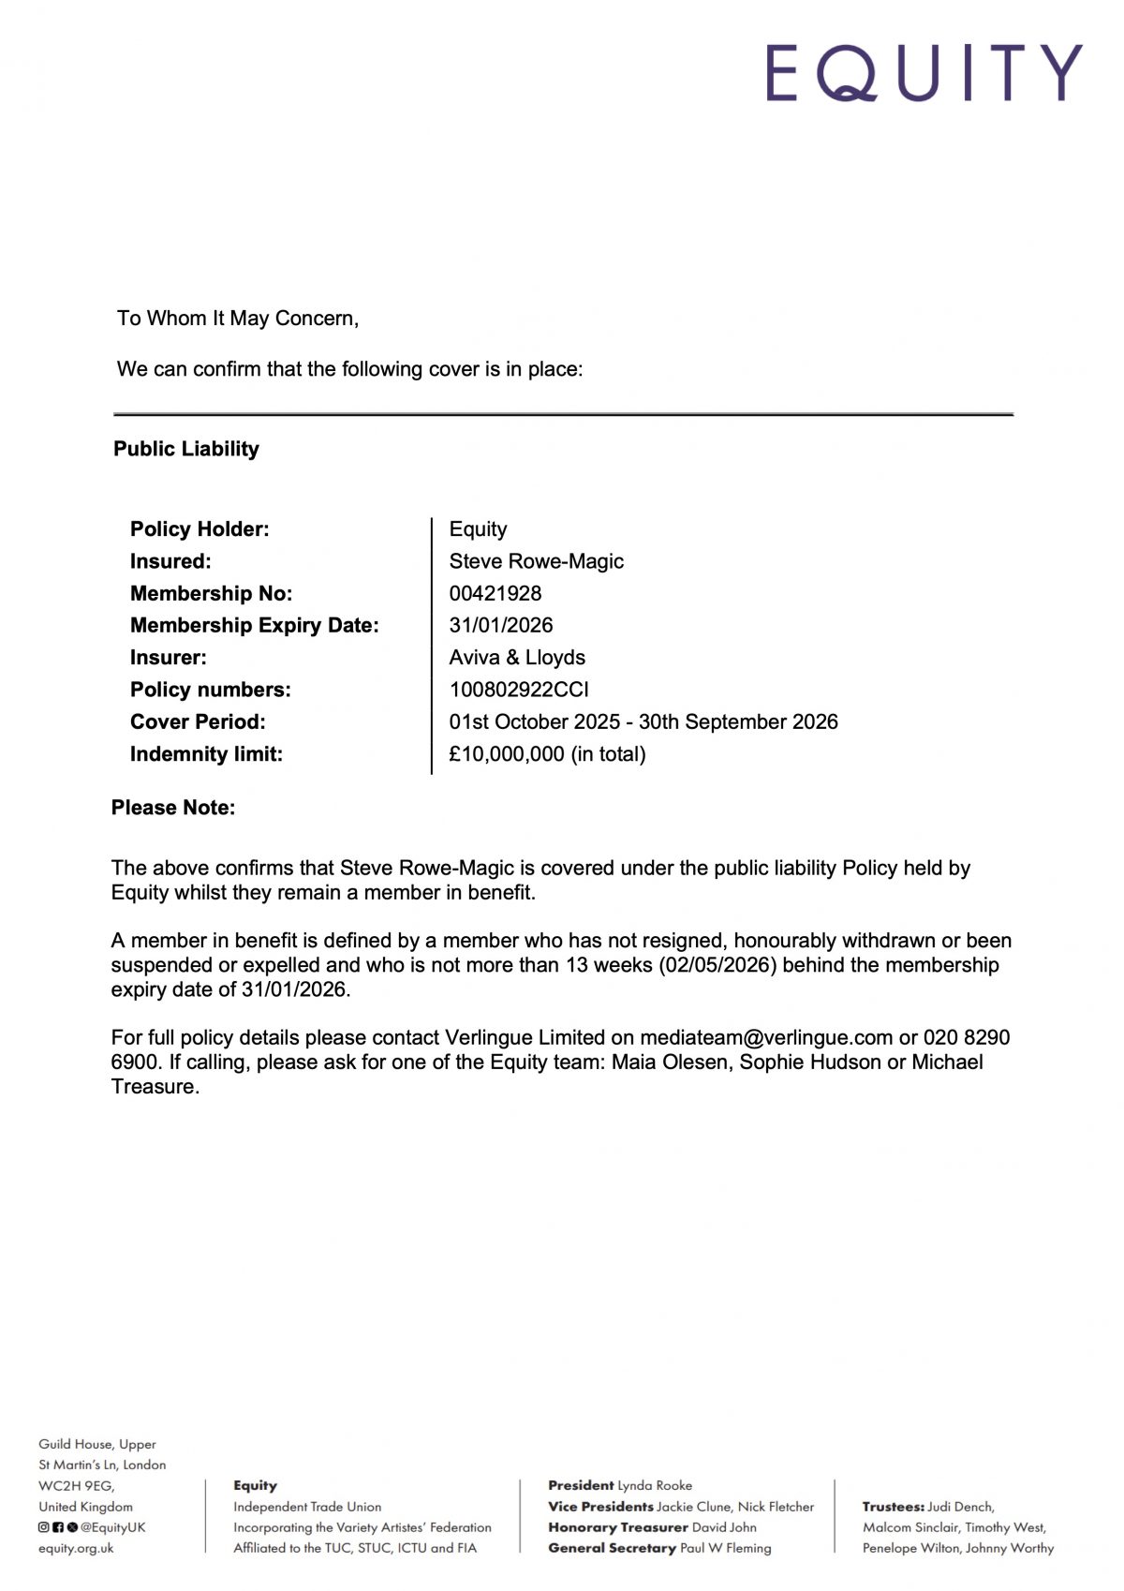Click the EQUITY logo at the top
[924, 72]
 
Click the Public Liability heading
[186, 449]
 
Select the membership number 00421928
[495, 593]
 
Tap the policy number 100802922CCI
[519, 690]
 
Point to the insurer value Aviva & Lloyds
[517, 658]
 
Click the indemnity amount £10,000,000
[507, 754]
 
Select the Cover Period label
[198, 722]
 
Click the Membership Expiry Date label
[255, 625]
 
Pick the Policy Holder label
[200, 529]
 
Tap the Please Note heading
[173, 808]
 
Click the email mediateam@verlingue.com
[766, 1038]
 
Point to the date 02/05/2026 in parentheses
[718, 965]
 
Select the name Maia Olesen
[671, 1063]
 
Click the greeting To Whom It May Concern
[238, 319]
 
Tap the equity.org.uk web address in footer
[76, 1549]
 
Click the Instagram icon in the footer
[43, 1527]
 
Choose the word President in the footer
[581, 1485]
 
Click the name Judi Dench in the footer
[961, 1507]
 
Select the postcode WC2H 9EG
[76, 1486]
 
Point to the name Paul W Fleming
[726, 1549]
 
